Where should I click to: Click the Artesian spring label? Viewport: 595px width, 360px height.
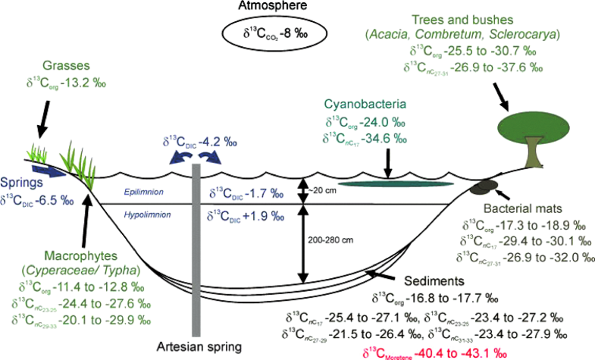(x=199, y=346)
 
